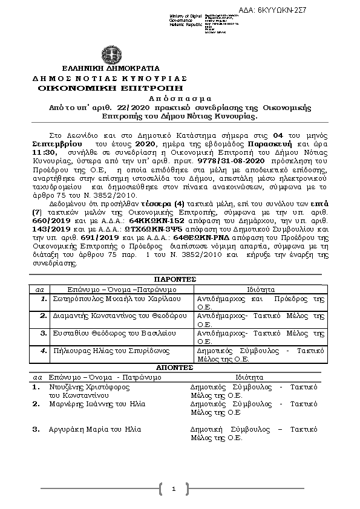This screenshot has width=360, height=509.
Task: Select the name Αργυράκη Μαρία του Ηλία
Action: pyautogui.click(x=94, y=429)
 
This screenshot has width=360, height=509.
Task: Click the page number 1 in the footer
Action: pyautogui.click(x=173, y=488)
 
